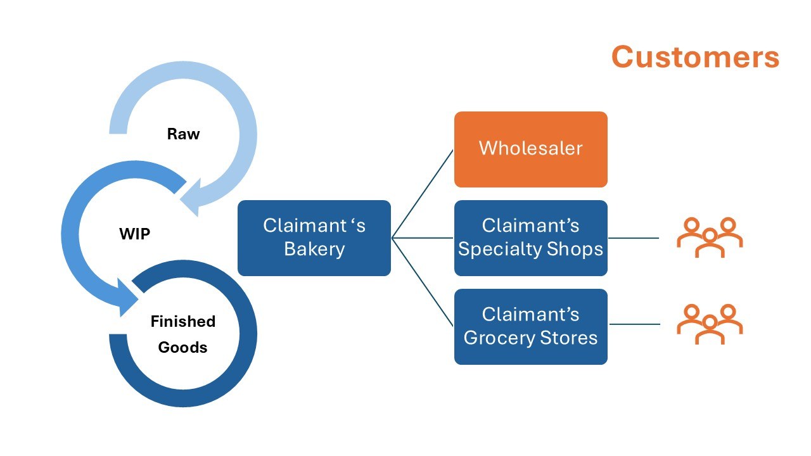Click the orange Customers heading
point(695,57)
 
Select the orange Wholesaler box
point(531,149)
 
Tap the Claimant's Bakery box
point(314,237)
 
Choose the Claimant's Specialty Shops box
point(531,237)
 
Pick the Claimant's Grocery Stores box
point(531,326)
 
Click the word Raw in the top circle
point(183,134)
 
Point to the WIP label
point(135,234)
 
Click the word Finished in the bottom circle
point(183,321)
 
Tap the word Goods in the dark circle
point(183,348)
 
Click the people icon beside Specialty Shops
point(710,237)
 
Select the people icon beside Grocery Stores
point(710,324)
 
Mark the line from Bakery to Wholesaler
point(423,194)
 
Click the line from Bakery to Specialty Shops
point(423,237)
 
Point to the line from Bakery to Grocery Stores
point(423,282)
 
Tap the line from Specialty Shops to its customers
point(634,238)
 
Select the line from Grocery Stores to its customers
point(635,324)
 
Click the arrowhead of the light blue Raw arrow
point(191,198)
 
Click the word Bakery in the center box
point(314,250)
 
